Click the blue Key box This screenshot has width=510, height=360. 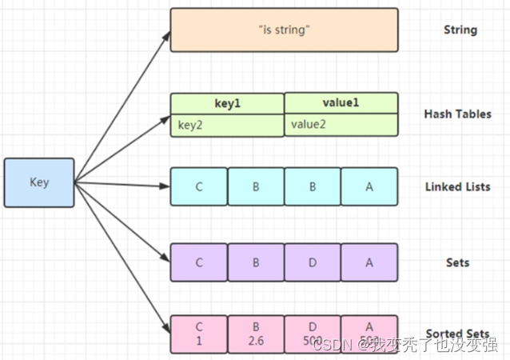38,182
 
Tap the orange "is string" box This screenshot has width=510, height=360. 284,30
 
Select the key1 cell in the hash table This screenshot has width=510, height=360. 227,104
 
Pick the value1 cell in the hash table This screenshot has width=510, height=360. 341,104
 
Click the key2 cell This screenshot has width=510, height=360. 227,125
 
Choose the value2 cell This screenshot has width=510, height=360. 341,125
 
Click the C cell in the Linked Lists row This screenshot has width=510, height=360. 199,186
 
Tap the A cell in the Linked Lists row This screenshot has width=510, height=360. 369,186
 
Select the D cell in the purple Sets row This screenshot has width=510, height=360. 313,262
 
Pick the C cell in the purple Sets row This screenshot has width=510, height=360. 199,262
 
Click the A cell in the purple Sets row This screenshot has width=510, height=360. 369,262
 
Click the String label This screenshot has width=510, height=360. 460,30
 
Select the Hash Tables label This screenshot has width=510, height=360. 457,114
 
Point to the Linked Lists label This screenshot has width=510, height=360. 457,187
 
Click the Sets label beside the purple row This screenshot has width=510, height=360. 457,262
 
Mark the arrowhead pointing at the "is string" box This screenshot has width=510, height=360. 165,35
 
